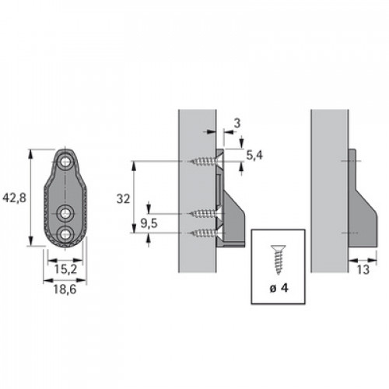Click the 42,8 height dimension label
15,198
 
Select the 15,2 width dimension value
65,269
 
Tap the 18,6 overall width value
65,289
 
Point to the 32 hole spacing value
123,199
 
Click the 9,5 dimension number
149,223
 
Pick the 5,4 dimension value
254,156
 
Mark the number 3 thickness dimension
237,124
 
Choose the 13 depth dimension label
363,270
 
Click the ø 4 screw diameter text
279,288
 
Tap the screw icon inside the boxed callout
279,259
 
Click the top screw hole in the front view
65,162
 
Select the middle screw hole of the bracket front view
65,213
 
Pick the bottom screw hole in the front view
65,233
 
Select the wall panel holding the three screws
198,191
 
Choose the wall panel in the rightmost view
330,191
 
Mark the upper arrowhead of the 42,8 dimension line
31,154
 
